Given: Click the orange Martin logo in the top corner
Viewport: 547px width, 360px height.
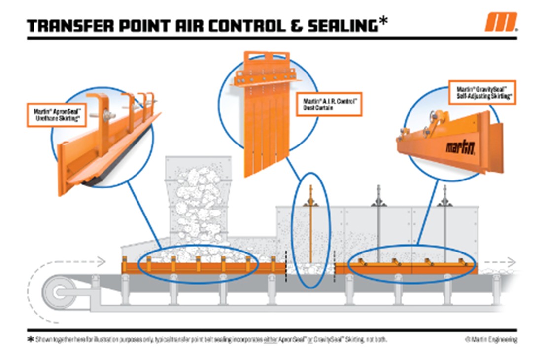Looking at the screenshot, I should [x=501, y=22].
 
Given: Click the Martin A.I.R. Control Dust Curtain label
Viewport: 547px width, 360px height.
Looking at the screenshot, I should [x=329, y=105].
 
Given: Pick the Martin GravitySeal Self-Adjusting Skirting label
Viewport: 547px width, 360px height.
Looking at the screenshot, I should [x=482, y=92].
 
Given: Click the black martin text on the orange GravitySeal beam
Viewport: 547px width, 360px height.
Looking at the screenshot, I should [x=460, y=146].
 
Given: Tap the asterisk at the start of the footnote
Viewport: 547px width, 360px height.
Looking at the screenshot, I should [x=30, y=340].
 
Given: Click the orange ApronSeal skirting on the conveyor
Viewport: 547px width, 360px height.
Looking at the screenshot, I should [x=202, y=268].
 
